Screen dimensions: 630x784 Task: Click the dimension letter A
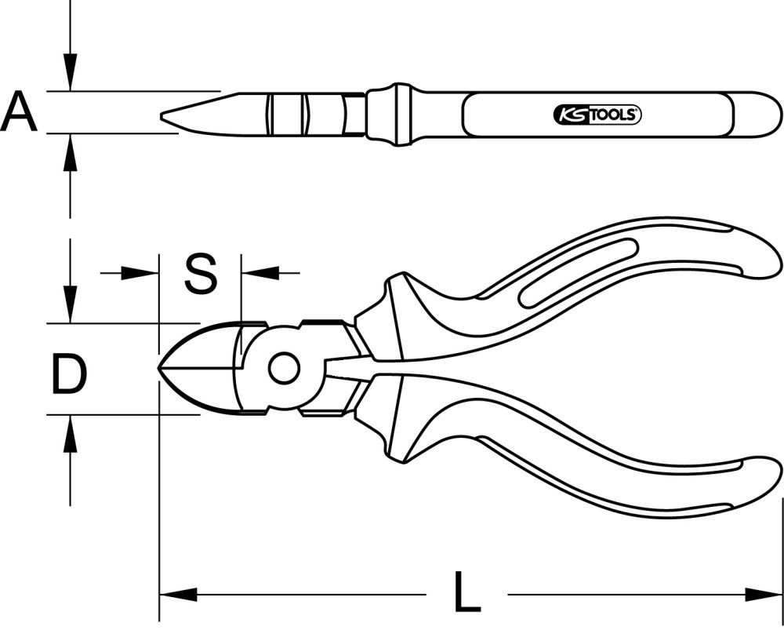coord(19,111)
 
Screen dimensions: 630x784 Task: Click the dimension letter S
coord(201,274)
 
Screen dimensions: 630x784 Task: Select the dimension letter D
coord(69,374)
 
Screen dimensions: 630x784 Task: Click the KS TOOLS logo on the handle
coord(598,115)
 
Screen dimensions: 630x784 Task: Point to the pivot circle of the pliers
coord(283,367)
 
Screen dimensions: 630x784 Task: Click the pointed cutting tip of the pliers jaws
coord(162,368)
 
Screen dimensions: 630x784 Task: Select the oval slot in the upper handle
coord(578,272)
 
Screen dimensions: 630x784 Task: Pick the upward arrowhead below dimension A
coord(71,148)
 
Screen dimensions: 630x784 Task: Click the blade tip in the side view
coord(164,118)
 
